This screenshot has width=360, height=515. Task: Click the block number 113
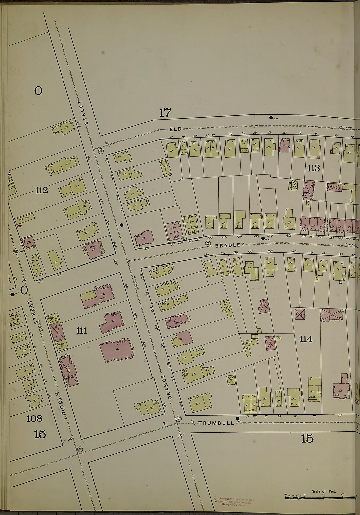313,168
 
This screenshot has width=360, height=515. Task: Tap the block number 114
305,339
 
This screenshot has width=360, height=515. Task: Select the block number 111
81,331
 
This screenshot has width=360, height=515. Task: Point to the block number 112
42,190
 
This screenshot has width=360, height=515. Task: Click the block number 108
34,418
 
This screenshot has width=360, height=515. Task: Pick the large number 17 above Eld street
165,113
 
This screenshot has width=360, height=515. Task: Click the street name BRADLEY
230,245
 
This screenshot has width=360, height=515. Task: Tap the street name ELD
175,129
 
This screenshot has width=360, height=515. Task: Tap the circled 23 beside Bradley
207,243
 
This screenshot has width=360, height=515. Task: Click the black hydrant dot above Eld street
271,118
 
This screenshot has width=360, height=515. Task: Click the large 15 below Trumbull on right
307,438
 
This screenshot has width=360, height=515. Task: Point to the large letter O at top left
38,91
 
